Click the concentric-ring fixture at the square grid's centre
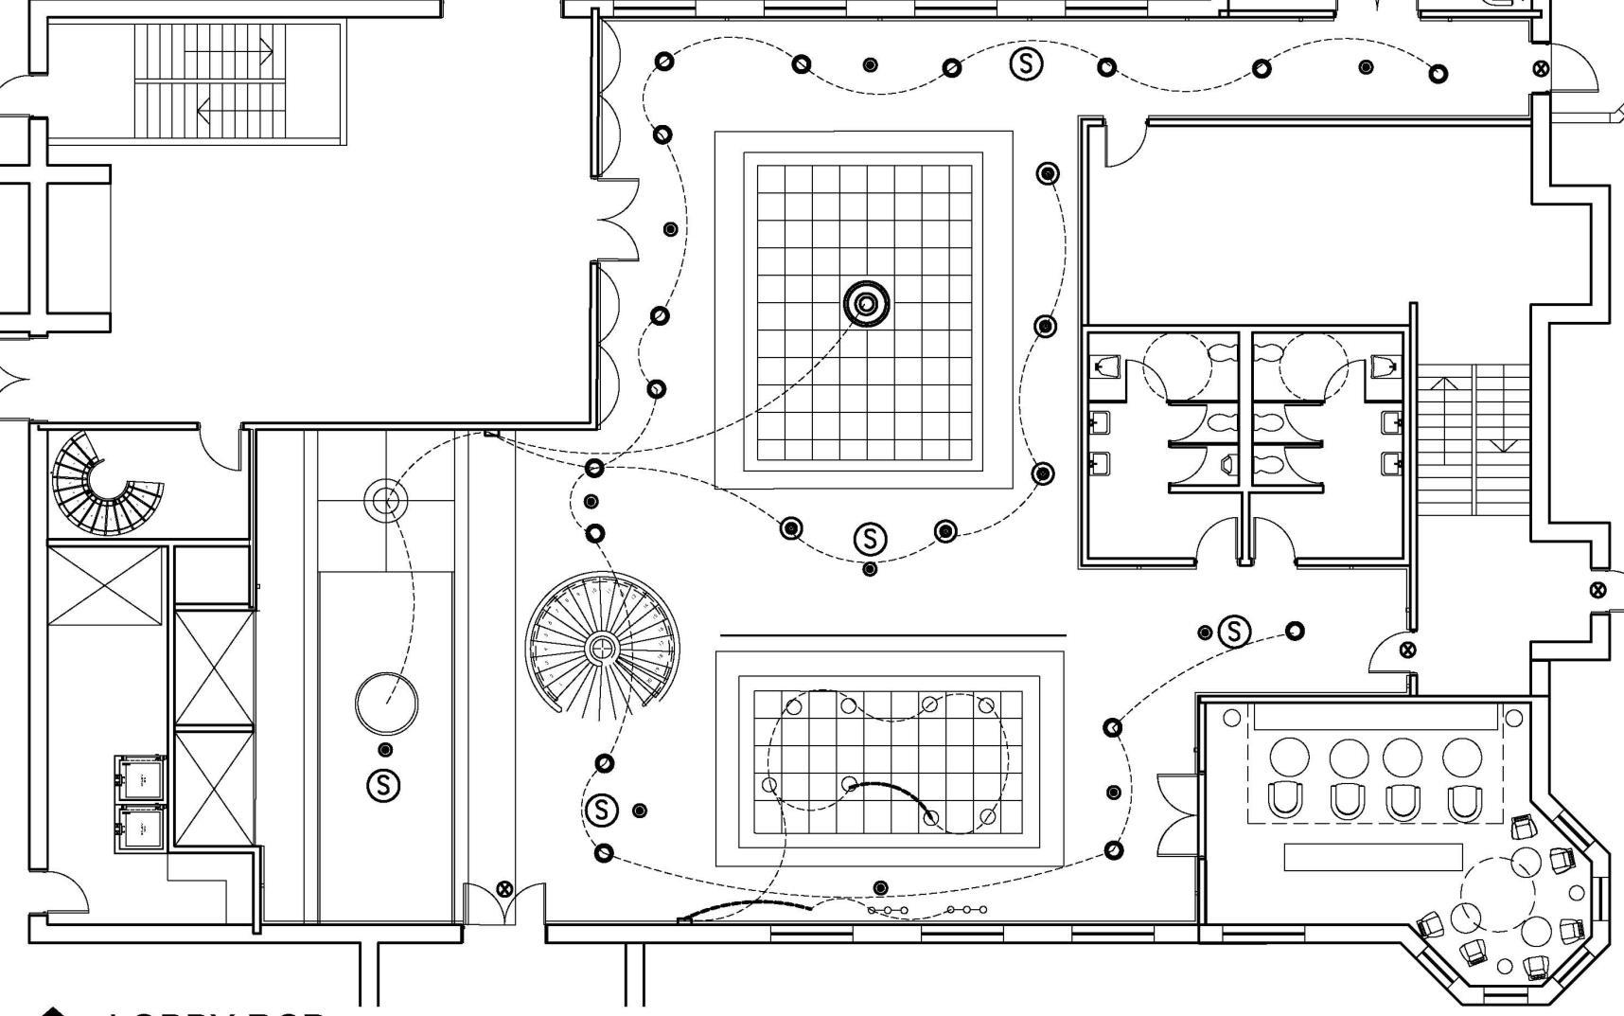[x=866, y=305]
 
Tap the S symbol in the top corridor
[x=1026, y=63]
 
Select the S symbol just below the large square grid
[x=870, y=539]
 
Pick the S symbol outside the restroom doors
[x=1233, y=631]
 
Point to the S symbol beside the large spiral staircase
[x=601, y=810]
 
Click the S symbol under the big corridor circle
[x=383, y=784]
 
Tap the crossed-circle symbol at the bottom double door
[x=504, y=888]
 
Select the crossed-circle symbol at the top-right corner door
[x=1541, y=68]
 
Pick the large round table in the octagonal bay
[x=1497, y=892]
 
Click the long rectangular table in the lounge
[x=1372, y=857]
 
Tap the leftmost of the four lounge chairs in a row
[x=1286, y=800]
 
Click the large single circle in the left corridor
[x=386, y=703]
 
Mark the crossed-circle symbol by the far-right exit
[x=1598, y=590]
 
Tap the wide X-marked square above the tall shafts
[x=105, y=586]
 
